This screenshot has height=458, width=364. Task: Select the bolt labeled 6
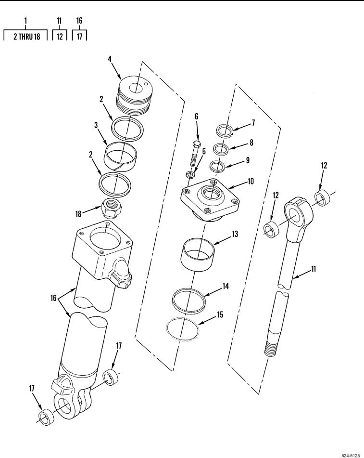(195, 154)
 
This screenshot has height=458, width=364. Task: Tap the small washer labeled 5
(190, 175)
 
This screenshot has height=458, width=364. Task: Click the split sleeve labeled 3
(120, 156)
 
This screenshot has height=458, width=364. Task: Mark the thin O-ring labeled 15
(183, 329)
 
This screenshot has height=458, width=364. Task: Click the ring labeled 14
(188, 301)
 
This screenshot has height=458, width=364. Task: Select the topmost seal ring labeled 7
(225, 131)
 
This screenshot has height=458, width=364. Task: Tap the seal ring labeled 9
(218, 166)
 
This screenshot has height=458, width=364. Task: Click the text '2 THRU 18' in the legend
(26, 37)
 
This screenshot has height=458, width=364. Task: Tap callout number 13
(235, 234)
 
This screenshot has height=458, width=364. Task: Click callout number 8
(251, 143)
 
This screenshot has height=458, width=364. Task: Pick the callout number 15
(220, 314)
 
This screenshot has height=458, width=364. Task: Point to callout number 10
(251, 182)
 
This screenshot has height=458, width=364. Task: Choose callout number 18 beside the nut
(78, 214)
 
